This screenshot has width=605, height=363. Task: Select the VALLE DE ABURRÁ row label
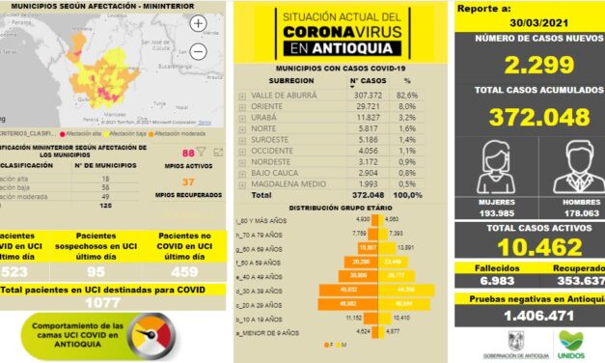pyautogui.click(x=286, y=97)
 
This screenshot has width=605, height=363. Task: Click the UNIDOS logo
pyautogui.click(x=571, y=342)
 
